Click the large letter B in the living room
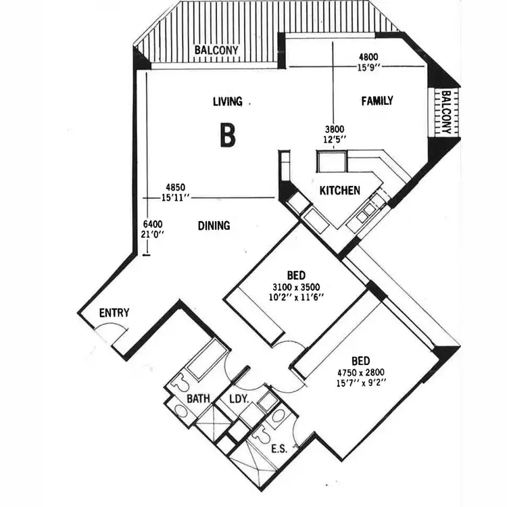228,135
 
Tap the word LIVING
227,101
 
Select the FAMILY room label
377,101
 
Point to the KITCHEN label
339,191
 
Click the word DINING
214,226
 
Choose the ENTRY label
114,312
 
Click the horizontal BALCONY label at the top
215,50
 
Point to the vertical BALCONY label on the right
446,112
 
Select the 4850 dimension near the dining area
174,187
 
